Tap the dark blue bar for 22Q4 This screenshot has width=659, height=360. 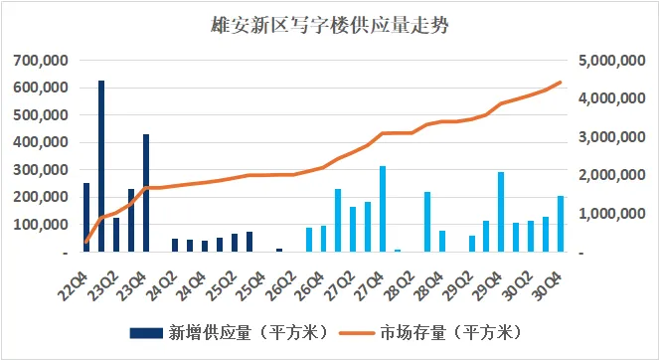[86, 218]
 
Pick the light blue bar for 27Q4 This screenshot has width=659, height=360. [383, 209]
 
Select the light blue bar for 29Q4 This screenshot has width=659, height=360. [500, 212]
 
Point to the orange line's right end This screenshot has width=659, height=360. [561, 82]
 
